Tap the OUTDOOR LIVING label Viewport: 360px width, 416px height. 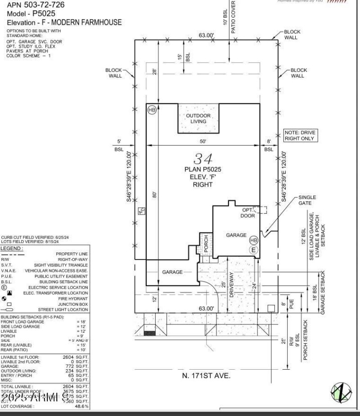198,118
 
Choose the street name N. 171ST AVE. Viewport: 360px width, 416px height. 206,376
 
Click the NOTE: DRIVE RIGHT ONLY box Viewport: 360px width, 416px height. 300,135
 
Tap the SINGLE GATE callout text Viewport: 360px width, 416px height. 307,200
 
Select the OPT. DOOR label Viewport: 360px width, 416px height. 248,213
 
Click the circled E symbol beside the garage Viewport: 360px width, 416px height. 253,250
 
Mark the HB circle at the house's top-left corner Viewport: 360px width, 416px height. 152,110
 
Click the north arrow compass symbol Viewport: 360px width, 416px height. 341,391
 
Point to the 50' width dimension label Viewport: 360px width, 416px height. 203,141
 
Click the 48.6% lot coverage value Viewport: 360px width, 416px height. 81,406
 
